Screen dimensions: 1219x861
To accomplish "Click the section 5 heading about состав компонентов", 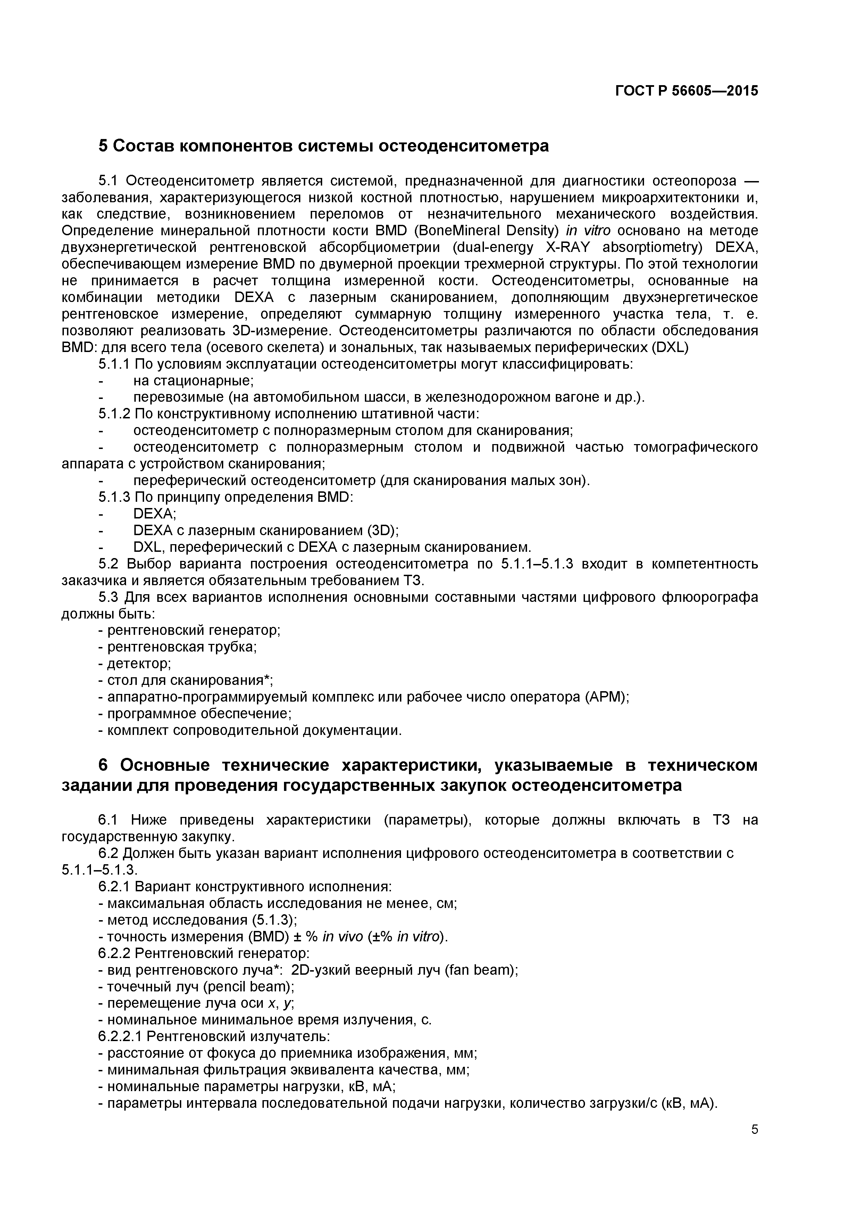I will [324, 146].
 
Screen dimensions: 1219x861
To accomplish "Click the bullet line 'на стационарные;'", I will [193, 381].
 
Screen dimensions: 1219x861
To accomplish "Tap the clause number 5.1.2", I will [114, 414].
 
